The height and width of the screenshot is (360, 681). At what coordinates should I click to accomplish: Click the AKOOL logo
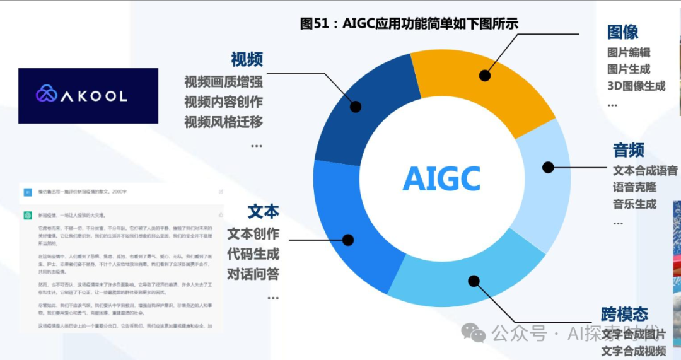(x=88, y=95)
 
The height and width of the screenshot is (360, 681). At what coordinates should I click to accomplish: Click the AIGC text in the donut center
(x=441, y=178)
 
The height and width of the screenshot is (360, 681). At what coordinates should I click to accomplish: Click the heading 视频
(x=247, y=60)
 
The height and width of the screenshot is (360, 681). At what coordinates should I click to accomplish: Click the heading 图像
(x=622, y=32)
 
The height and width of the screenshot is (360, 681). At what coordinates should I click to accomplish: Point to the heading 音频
(x=629, y=150)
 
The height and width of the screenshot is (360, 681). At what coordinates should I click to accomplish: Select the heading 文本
(x=263, y=211)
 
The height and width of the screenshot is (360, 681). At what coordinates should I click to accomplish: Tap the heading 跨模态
(x=624, y=314)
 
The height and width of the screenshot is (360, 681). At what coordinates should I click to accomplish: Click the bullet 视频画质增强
(x=223, y=82)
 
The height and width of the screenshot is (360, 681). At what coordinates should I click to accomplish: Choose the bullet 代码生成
(x=253, y=254)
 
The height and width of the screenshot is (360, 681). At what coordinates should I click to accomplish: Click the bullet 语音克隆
(x=634, y=187)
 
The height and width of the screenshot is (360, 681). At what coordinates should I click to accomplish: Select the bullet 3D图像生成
(x=636, y=86)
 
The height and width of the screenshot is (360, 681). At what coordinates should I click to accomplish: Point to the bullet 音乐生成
(x=634, y=204)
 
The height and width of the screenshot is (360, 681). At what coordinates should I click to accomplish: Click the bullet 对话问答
(x=253, y=274)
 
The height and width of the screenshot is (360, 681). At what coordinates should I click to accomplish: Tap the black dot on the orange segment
(x=484, y=76)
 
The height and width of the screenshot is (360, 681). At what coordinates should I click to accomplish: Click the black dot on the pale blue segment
(x=549, y=167)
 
